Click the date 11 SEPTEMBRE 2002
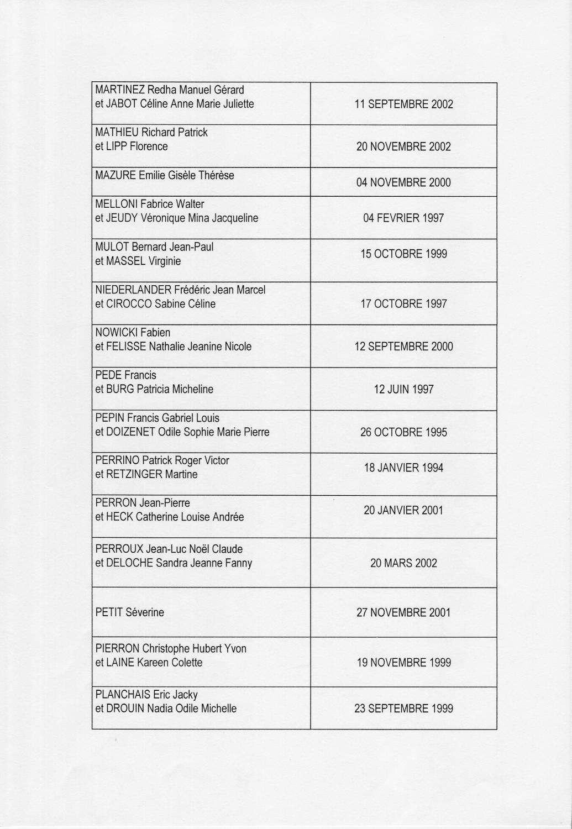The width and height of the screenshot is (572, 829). (403, 104)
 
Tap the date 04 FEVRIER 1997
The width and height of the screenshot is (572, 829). (403, 218)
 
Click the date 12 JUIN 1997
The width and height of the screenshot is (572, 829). (403, 389)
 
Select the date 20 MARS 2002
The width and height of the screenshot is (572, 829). (403, 563)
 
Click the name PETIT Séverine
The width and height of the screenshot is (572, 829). (129, 612)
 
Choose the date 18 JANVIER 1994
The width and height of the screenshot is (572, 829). (403, 468)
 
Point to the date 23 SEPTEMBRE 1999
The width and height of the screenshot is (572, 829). (403, 709)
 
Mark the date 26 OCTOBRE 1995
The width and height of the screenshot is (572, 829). (403, 432)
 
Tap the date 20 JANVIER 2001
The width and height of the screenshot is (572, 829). (403, 510)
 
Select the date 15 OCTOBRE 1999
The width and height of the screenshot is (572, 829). (403, 254)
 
